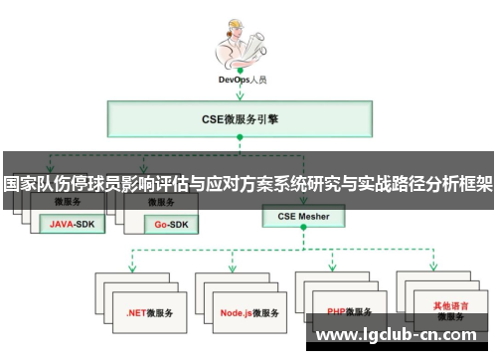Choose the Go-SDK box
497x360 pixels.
tap(170, 225)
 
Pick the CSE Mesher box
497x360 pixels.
tap(303, 215)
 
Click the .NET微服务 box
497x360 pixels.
tap(149, 311)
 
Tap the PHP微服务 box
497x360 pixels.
tap(345, 311)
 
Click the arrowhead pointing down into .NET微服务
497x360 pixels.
tap(133, 269)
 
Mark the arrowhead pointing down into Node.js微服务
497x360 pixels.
tap(233, 269)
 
